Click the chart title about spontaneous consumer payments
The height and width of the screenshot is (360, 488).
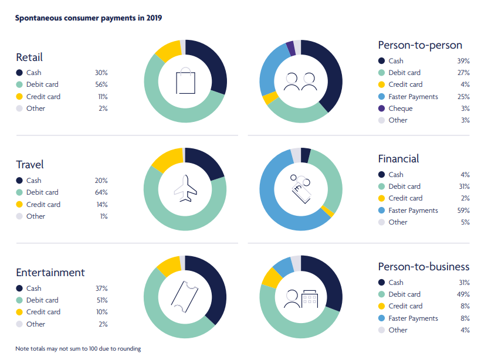[x=89, y=18]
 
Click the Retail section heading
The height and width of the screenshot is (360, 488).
[x=29, y=57]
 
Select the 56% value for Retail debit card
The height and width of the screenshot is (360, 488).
[x=101, y=84]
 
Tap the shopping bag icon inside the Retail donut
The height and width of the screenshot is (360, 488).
[x=185, y=81]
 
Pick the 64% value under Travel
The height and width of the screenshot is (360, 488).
[x=101, y=192]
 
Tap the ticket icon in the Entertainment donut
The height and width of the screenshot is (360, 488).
[x=185, y=297]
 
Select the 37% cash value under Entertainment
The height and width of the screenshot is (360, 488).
[x=101, y=288]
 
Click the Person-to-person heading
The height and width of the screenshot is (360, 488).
[x=420, y=45]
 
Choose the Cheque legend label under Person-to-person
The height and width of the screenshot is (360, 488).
[x=400, y=108]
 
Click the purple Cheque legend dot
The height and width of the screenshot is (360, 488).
[x=382, y=108]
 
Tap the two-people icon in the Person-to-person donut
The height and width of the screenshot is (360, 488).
[x=300, y=81]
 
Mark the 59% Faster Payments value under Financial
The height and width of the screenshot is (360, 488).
[x=463, y=210]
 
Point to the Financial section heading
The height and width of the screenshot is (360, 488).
[x=398, y=159]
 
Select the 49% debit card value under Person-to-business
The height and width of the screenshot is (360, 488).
[x=463, y=294]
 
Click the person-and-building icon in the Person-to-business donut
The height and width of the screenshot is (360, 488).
[x=300, y=298]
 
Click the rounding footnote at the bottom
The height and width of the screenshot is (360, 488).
[x=78, y=349]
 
